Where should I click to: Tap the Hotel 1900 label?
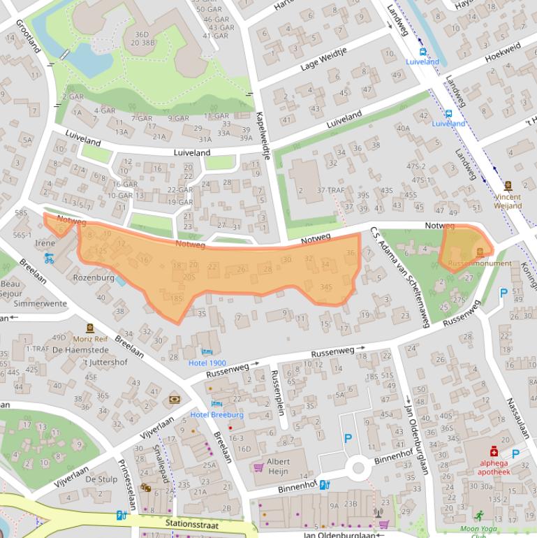point(207,363)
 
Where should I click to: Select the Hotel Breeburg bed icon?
point(216,403)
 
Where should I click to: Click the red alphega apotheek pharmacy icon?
point(494,451)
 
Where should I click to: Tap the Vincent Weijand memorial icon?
point(508,186)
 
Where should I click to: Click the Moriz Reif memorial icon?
point(89,328)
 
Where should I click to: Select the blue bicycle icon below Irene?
point(48,258)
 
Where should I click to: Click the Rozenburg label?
point(93,277)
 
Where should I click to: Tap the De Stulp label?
point(101,479)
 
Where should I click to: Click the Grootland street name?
point(27,37)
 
